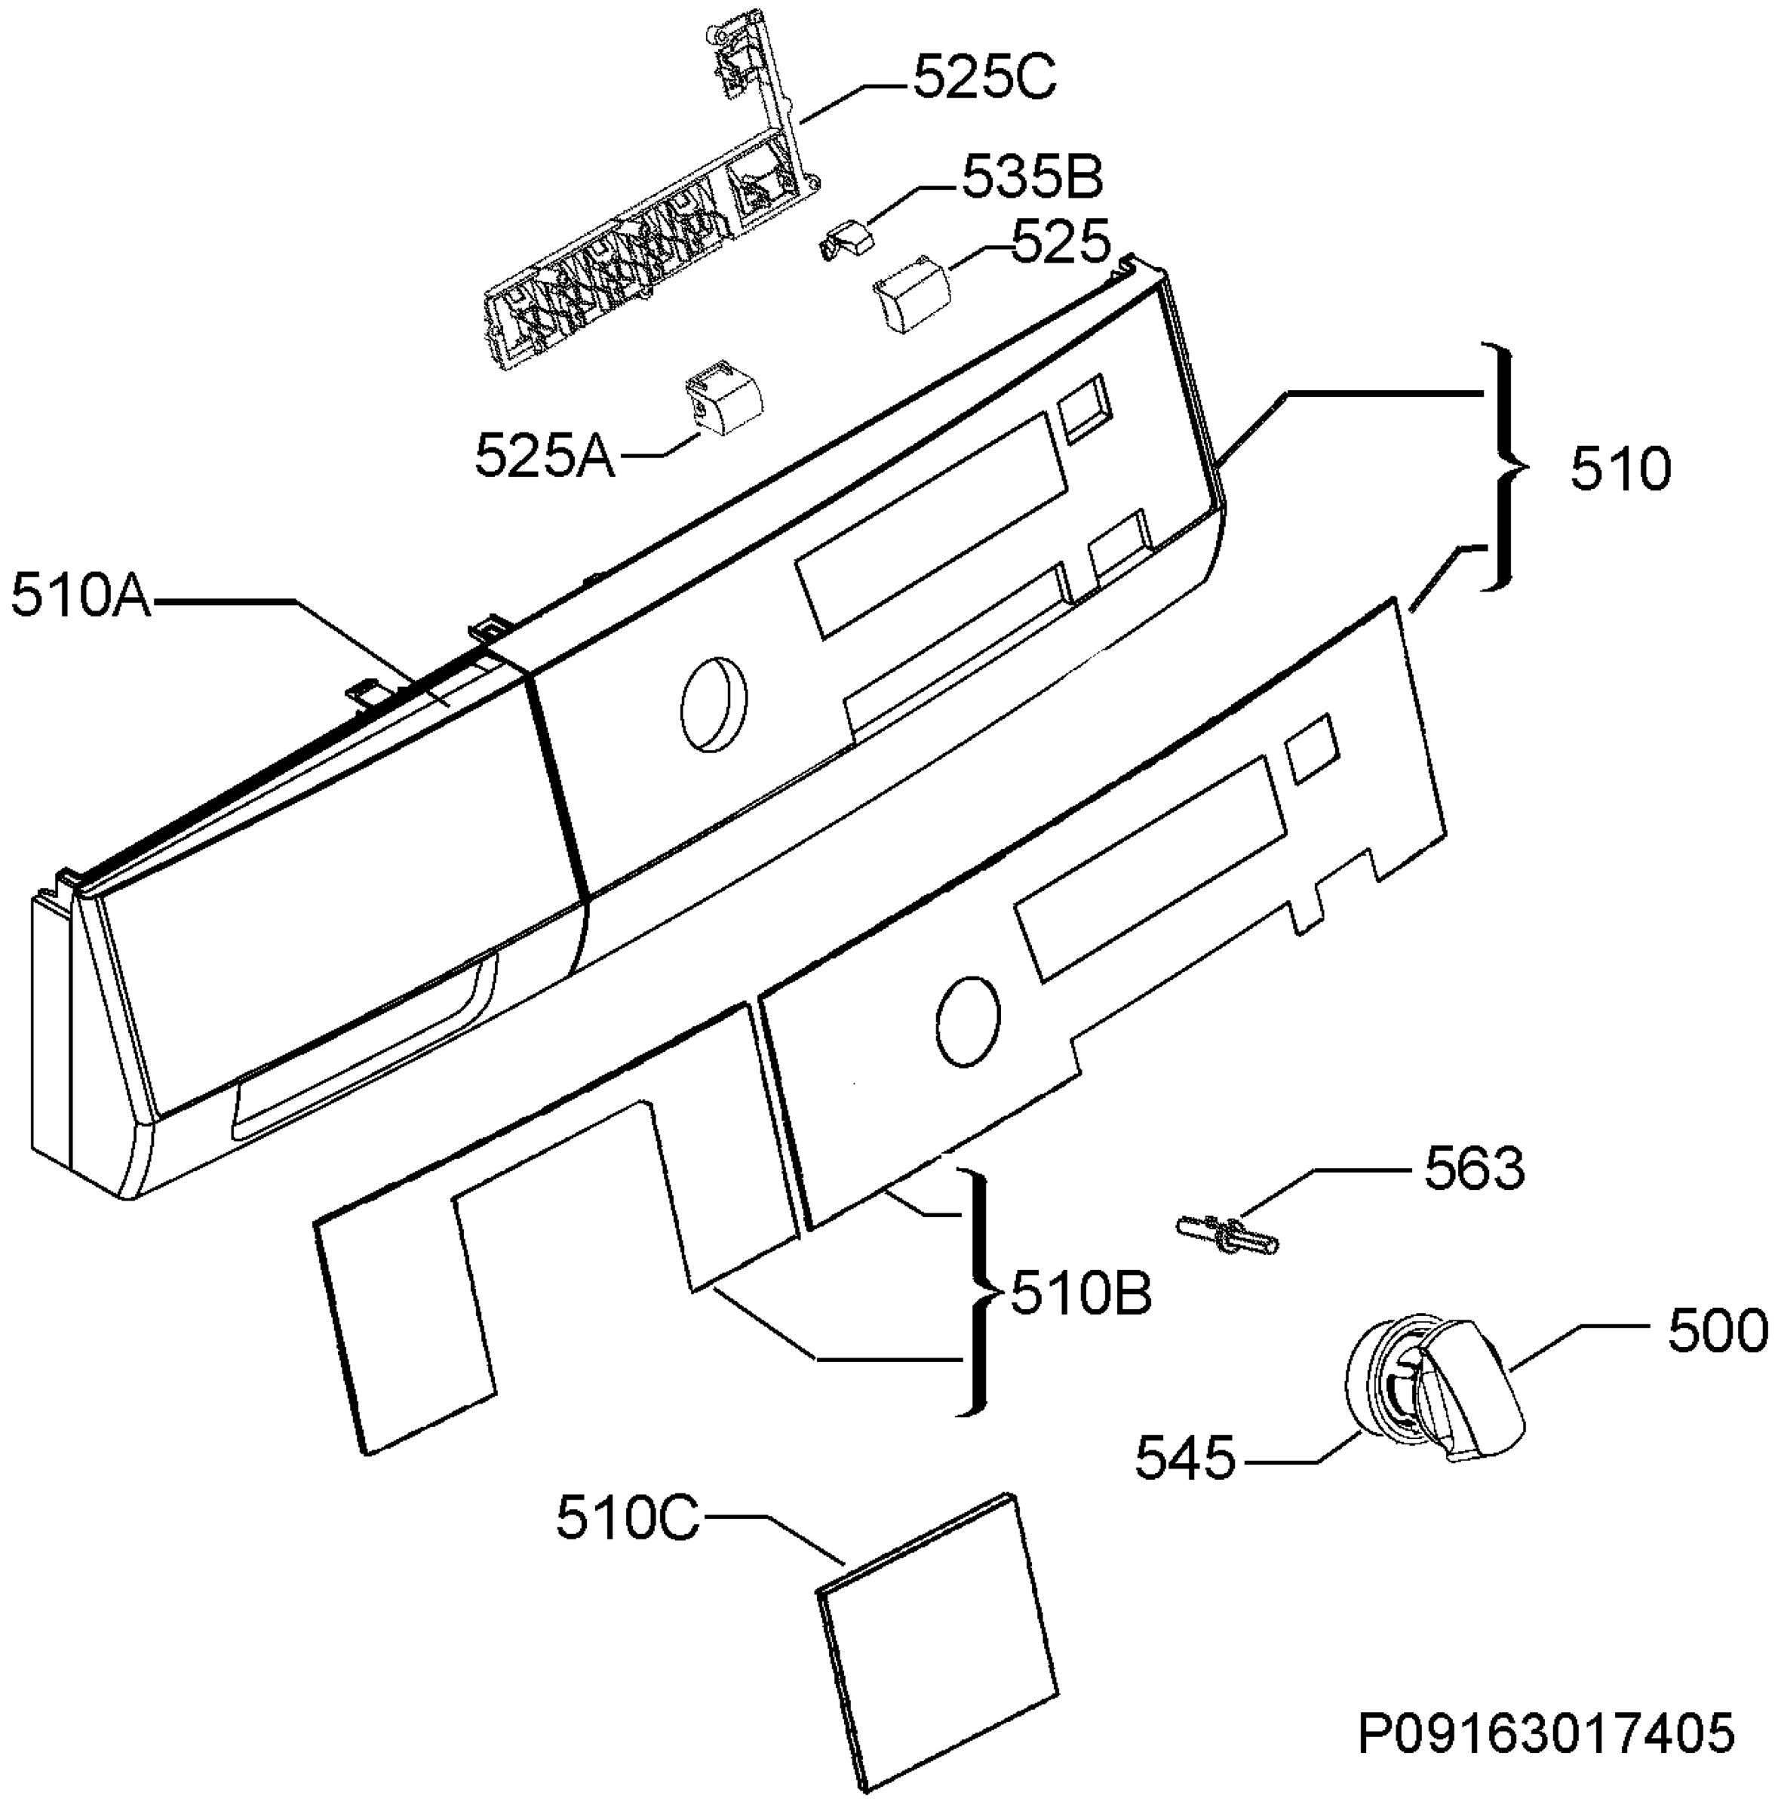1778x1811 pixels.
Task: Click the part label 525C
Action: click(x=984, y=79)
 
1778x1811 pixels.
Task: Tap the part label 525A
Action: click(x=545, y=457)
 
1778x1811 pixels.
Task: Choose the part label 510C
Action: click(x=628, y=1520)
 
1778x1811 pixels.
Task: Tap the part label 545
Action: click(x=1185, y=1458)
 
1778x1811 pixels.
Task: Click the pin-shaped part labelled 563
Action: click(x=1224, y=1232)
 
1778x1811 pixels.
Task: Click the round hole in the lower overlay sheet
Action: click(x=967, y=1022)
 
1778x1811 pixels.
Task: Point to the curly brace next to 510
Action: click(x=1506, y=466)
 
